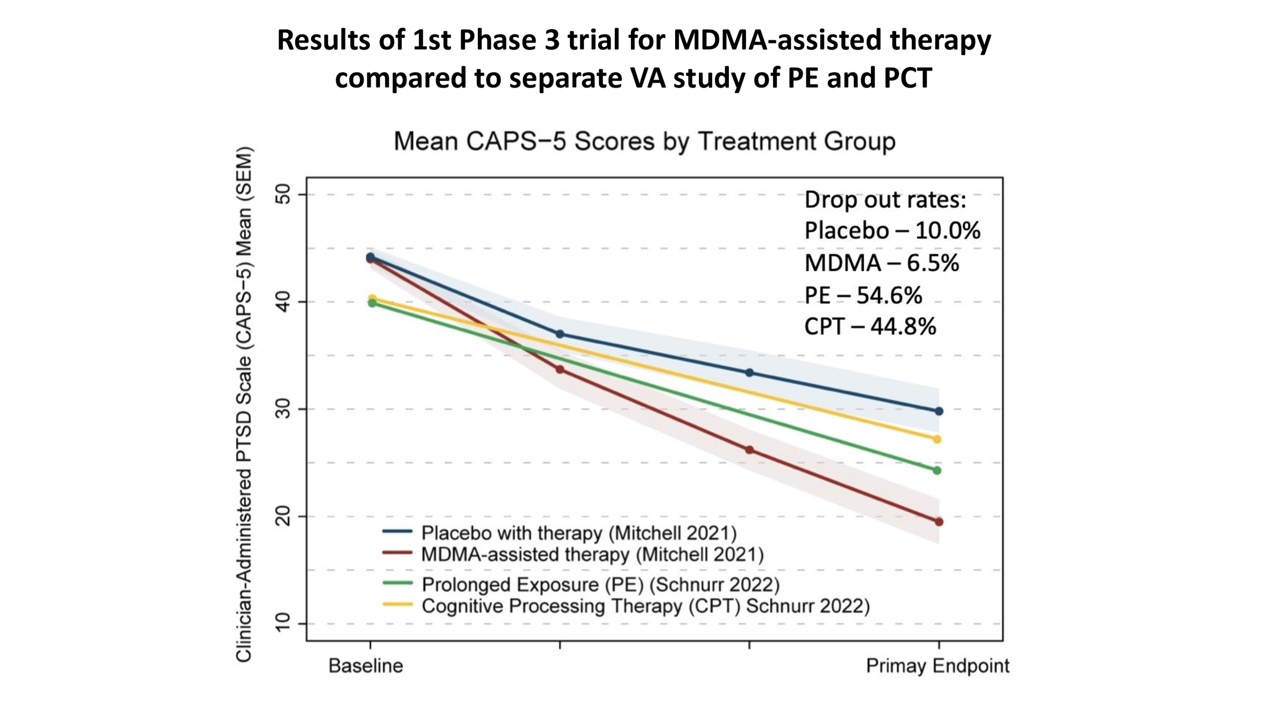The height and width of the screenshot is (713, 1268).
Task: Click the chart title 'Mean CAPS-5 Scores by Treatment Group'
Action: point(644,141)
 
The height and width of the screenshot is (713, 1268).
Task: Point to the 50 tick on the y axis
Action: point(284,194)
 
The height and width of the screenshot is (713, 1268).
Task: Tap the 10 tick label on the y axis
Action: point(284,623)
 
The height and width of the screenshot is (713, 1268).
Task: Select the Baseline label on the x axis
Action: point(366,666)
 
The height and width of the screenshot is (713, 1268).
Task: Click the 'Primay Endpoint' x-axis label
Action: point(937,666)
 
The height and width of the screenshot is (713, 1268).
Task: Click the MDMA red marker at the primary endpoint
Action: point(939,522)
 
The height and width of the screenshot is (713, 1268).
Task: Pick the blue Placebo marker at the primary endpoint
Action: point(939,411)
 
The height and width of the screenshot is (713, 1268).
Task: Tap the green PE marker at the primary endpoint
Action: point(937,471)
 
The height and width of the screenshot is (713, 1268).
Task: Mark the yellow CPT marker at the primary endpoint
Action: point(937,439)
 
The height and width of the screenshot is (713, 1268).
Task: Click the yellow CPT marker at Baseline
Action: point(372,298)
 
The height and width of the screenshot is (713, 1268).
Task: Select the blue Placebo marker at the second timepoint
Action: point(560,334)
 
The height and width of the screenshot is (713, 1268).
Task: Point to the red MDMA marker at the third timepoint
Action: point(749,450)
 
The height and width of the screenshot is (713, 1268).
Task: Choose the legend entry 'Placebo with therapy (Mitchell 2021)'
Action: point(579,533)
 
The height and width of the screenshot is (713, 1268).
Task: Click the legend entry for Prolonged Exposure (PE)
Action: point(600,585)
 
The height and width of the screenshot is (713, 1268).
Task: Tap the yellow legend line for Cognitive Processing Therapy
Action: point(397,604)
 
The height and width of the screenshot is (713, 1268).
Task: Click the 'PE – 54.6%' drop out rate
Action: point(863,295)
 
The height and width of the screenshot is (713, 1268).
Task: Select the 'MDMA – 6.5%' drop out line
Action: point(882,263)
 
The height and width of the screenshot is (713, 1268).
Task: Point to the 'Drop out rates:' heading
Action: point(885,200)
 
